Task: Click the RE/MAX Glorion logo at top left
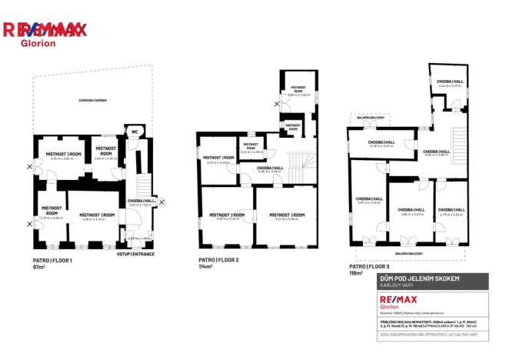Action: point(45,33)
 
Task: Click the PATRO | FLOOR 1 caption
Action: point(52,261)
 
